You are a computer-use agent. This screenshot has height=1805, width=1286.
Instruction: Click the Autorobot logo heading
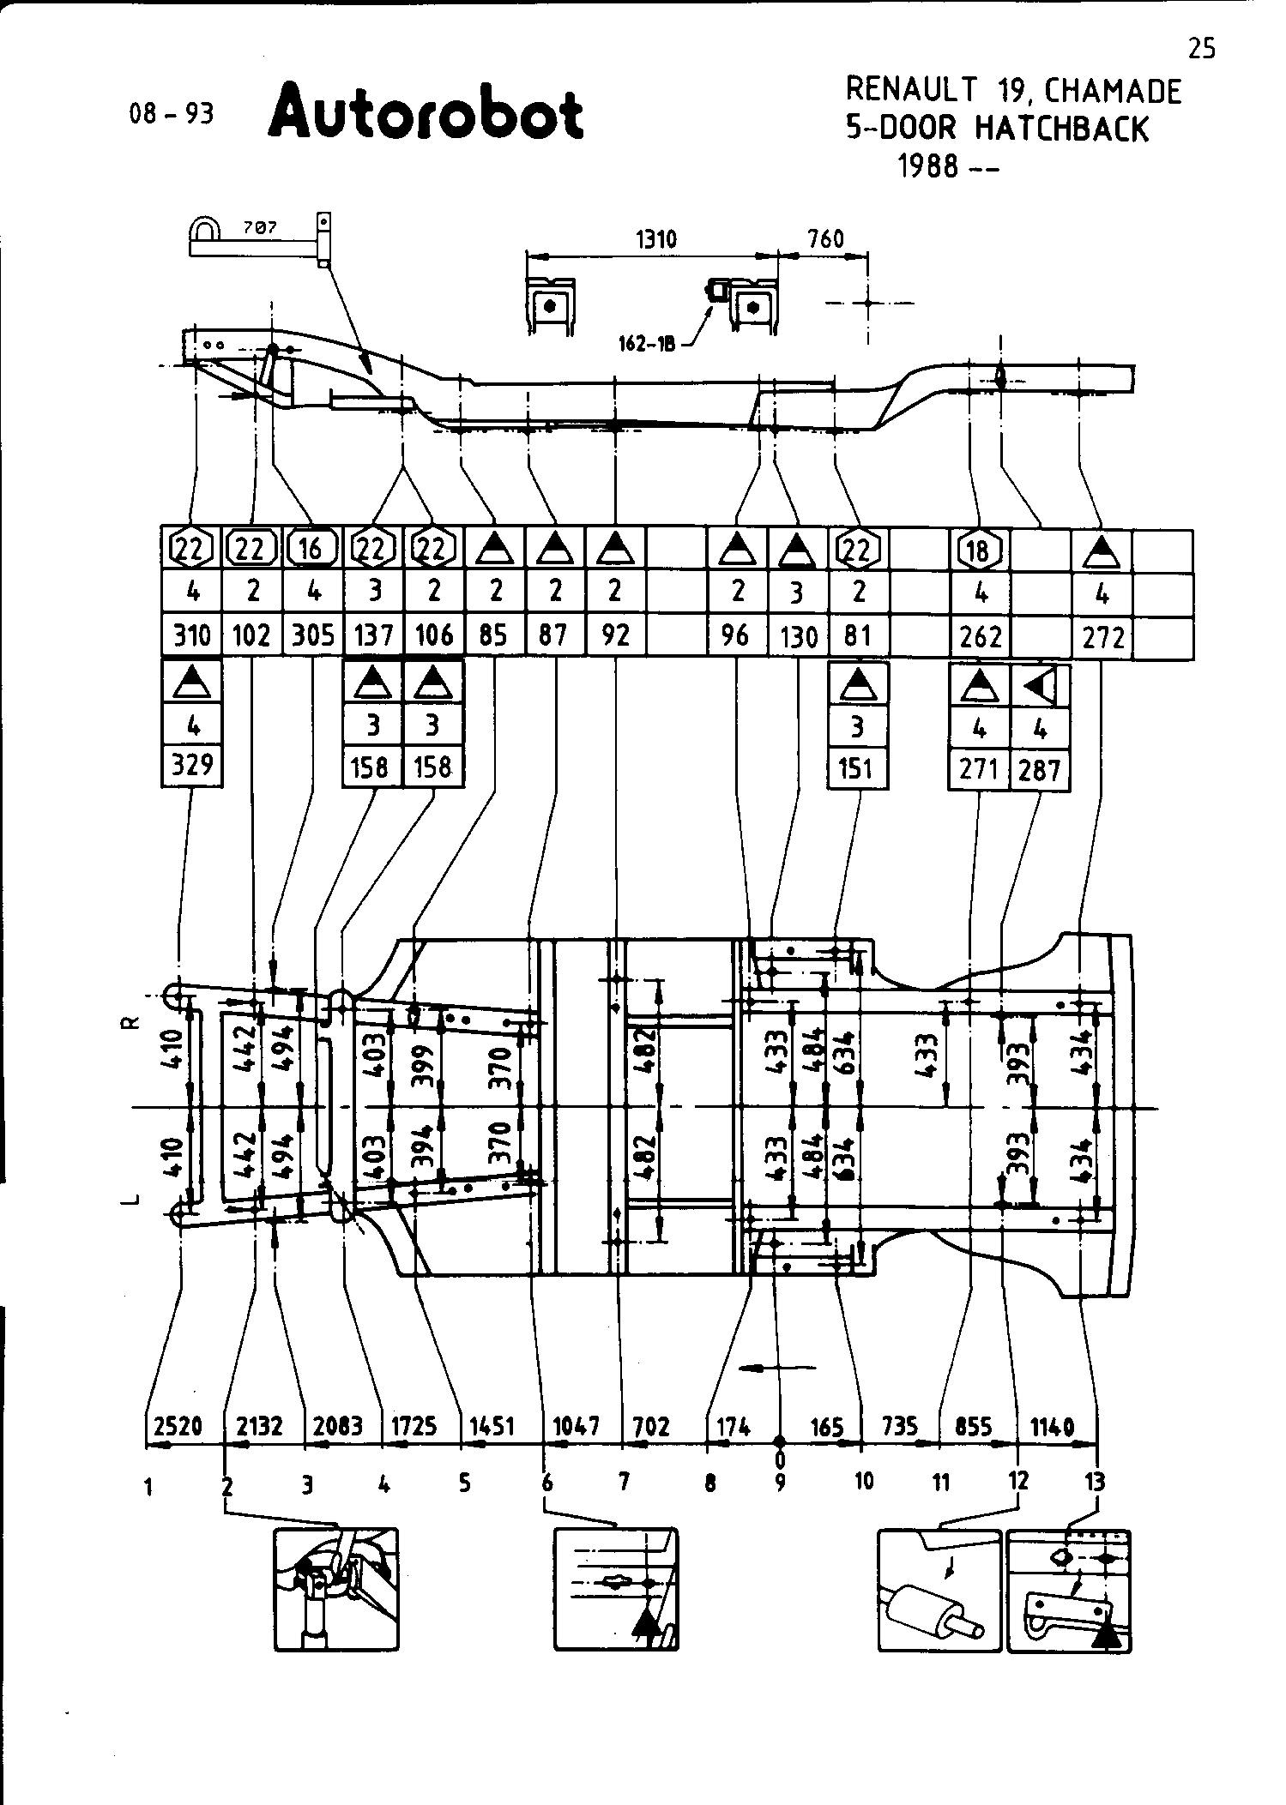[x=426, y=111]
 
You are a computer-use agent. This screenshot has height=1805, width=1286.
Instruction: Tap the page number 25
[x=1202, y=49]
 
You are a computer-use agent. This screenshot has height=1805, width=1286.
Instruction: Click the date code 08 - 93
[x=171, y=113]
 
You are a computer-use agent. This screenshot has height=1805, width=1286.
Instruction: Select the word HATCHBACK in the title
[x=1062, y=129]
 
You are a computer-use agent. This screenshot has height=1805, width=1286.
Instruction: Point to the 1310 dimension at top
[x=656, y=239]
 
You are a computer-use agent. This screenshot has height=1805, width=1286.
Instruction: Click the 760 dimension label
[x=825, y=239]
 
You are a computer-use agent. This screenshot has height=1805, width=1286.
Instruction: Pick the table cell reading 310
[x=191, y=635]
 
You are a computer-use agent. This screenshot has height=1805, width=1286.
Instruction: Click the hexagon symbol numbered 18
[x=979, y=550]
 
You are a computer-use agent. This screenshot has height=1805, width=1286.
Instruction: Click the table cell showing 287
[x=1041, y=770]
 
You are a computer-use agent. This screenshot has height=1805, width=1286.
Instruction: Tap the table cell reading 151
[x=857, y=767]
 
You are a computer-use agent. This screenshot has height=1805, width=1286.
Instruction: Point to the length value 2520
[x=178, y=1426]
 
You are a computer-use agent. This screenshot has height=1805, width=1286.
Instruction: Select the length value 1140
[x=1052, y=1427]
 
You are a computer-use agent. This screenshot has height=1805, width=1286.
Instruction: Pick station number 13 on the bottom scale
[x=1095, y=1481]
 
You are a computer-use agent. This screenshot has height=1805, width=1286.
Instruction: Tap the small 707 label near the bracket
[x=259, y=228]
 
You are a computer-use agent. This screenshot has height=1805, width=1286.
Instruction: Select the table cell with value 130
[x=798, y=637]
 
